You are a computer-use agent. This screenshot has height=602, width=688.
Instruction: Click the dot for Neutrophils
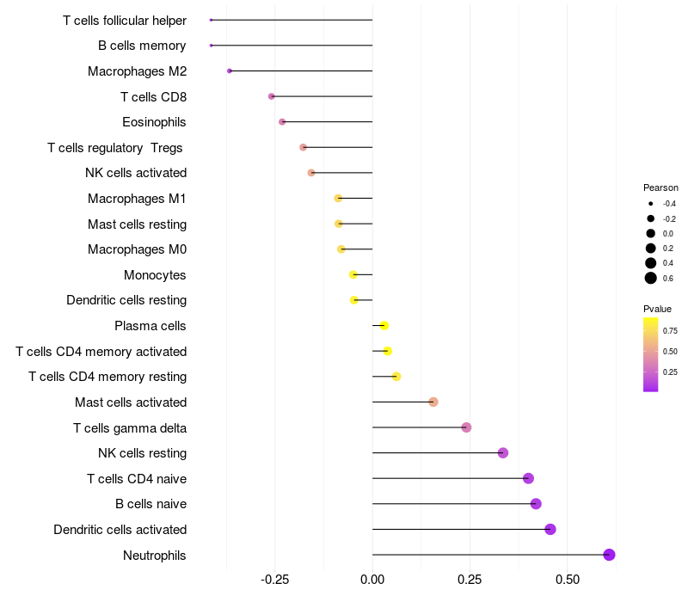click(x=609, y=555)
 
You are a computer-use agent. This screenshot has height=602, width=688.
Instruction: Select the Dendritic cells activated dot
click(x=550, y=529)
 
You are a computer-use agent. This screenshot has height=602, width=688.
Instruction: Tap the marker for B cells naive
click(x=536, y=504)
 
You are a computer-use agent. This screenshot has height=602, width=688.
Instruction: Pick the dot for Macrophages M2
click(x=230, y=71)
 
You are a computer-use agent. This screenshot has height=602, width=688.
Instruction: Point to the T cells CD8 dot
click(x=272, y=96)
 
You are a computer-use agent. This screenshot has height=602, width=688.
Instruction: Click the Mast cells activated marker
click(x=433, y=402)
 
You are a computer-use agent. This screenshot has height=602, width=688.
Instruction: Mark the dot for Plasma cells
click(x=384, y=326)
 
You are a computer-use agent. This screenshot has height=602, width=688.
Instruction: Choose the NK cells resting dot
click(x=503, y=453)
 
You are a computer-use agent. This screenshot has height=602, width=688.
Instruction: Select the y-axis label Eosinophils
click(x=154, y=122)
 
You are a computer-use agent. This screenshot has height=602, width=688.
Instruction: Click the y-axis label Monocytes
click(x=155, y=275)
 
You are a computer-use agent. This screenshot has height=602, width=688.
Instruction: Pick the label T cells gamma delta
click(x=130, y=427)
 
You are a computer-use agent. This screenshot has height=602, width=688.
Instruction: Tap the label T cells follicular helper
click(x=125, y=20)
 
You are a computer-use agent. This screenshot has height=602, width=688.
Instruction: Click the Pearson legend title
click(x=660, y=187)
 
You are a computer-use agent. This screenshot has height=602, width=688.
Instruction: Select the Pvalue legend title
click(x=657, y=309)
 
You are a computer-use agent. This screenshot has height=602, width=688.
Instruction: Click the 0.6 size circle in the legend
click(x=651, y=278)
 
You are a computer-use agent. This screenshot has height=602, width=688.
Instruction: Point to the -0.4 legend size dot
click(x=651, y=204)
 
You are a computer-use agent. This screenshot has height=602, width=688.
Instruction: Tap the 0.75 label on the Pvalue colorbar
click(x=670, y=330)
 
